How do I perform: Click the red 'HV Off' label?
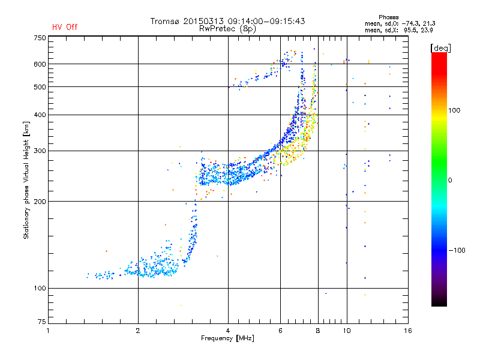64,27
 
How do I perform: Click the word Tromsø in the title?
166,21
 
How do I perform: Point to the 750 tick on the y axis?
40,37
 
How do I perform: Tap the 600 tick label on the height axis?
40,64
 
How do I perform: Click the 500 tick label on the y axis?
40,86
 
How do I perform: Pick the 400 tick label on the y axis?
40,115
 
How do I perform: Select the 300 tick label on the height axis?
40,151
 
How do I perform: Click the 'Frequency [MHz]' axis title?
228,339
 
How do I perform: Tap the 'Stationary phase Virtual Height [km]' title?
26,180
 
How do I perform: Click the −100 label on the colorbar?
457,250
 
